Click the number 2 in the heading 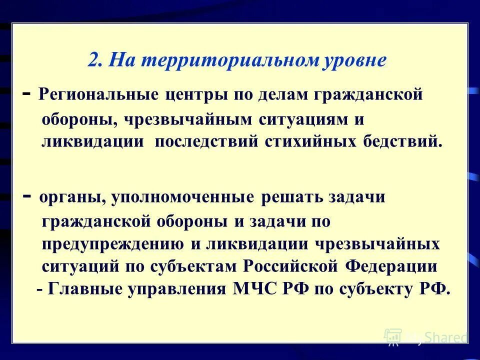click(93, 60)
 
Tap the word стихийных click(310, 141)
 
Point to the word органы click(69, 197)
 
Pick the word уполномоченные click(183, 197)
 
